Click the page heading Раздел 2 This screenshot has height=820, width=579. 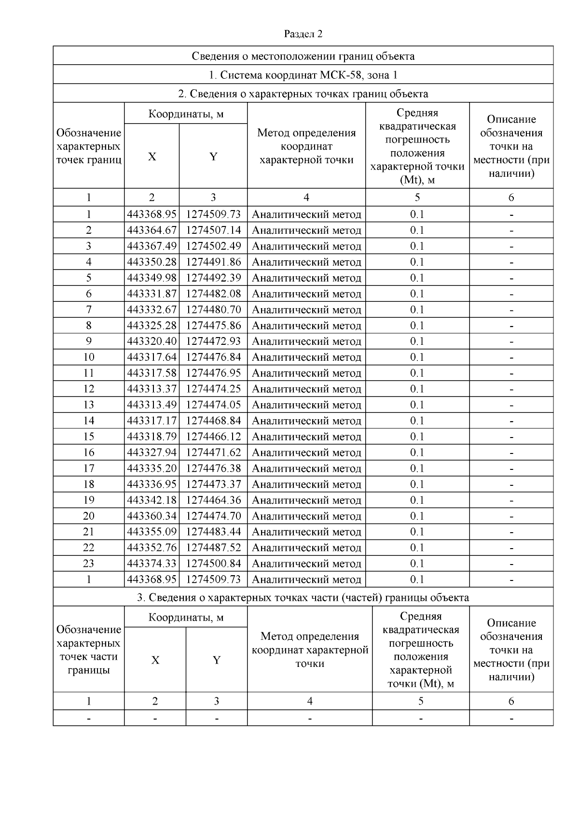coord(303,34)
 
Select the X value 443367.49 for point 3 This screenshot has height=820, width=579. coord(152,246)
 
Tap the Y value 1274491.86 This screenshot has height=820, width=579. coord(213,262)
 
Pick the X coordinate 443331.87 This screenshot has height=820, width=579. coord(152,294)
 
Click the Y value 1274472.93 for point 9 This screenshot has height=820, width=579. coord(213,341)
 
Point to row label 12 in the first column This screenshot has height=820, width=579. coord(89,389)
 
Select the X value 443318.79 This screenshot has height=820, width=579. coord(152,437)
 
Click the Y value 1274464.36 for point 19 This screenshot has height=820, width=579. coord(213,500)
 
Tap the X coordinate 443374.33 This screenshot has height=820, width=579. coord(152,564)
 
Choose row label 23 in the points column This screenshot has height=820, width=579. coord(89,564)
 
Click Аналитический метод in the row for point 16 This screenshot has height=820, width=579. coord(306,452)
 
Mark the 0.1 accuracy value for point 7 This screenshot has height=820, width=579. coord(417,310)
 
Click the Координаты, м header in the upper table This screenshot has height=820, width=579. coord(186,114)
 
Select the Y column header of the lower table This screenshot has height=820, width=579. coord(217,660)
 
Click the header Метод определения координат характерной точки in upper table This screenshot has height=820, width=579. coord(306,146)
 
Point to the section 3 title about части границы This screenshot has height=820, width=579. coord(303,597)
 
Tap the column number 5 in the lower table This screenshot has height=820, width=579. coord(421,701)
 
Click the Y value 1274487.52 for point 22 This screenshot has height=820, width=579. coord(213,548)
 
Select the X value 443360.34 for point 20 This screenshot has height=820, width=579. coord(152,516)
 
